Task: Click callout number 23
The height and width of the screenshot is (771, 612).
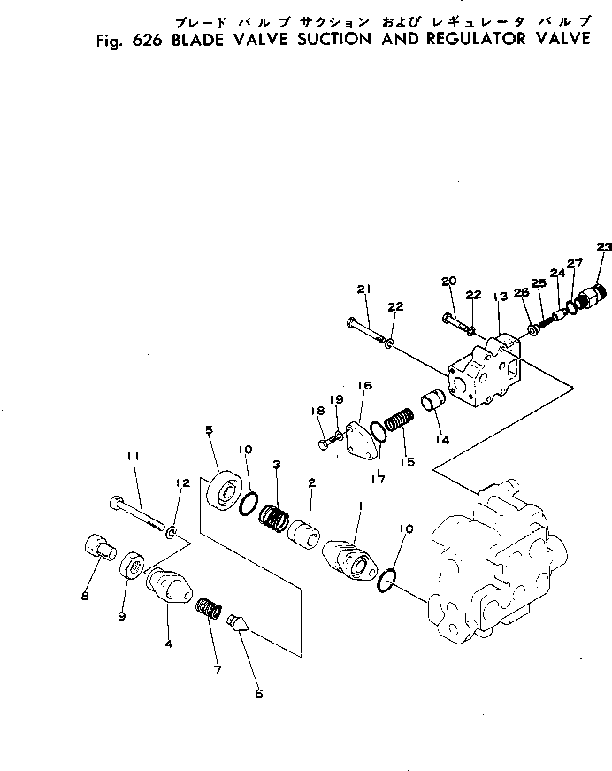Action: click(x=603, y=247)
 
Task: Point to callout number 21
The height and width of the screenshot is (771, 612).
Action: click(x=363, y=289)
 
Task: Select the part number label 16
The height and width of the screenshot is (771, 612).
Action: click(x=364, y=386)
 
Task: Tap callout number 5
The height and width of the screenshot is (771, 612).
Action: click(x=209, y=430)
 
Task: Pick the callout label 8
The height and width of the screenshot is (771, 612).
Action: click(x=85, y=596)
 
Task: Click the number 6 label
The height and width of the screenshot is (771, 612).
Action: click(x=258, y=693)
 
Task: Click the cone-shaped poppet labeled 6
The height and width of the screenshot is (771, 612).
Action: click(x=237, y=624)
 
